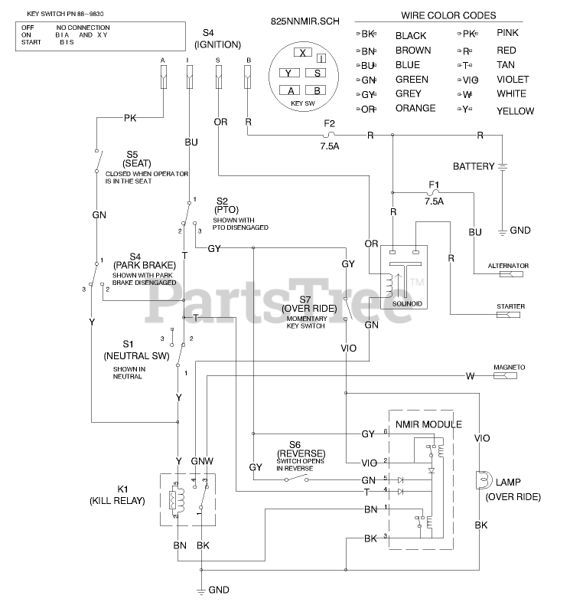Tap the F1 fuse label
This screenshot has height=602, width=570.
[434, 185]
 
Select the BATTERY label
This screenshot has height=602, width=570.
[474, 166]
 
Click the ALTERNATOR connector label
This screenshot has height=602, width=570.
[508, 266]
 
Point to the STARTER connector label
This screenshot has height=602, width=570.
[510, 306]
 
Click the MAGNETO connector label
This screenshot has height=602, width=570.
[509, 368]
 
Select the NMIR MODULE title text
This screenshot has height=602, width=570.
[428, 424]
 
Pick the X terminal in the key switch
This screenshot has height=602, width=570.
[303, 53]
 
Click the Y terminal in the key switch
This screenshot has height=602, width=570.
[288, 74]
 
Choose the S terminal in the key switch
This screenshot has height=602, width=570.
[317, 74]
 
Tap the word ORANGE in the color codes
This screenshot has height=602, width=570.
[415, 109]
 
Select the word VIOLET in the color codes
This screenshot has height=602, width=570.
[511, 79]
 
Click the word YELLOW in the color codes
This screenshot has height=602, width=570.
[515, 111]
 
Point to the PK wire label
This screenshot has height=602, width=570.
[130, 118]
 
